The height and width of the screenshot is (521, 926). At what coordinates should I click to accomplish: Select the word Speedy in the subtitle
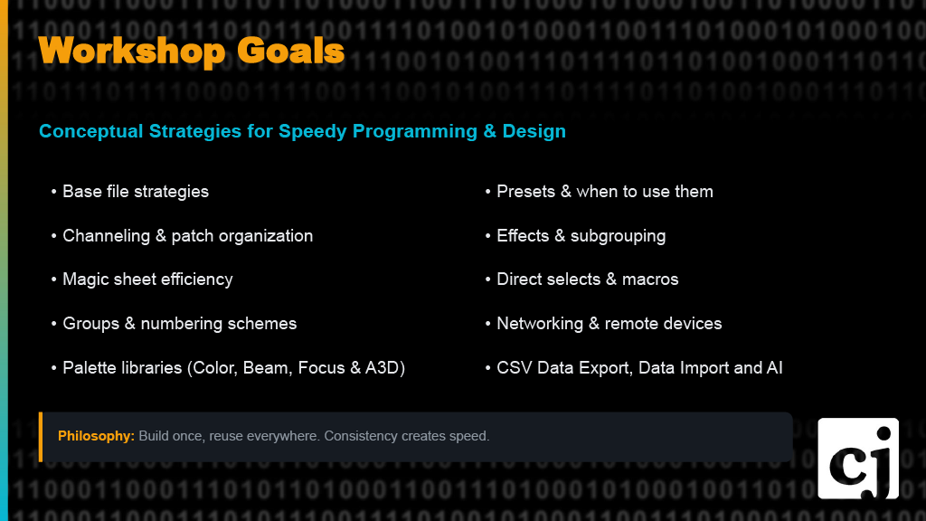tap(313, 131)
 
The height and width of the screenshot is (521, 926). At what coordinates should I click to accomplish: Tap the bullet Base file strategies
tap(136, 192)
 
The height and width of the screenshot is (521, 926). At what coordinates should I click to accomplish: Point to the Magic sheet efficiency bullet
tap(147, 279)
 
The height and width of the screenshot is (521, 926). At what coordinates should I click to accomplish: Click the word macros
tap(649, 279)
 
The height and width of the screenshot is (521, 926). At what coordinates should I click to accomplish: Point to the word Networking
tap(540, 324)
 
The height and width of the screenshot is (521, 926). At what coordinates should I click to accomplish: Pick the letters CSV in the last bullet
tap(515, 368)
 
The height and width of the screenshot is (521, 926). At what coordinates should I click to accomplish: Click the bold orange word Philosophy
tap(96, 436)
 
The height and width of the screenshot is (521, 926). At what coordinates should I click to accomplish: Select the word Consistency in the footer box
tap(361, 436)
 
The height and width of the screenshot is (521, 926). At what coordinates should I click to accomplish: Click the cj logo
tap(858, 458)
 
